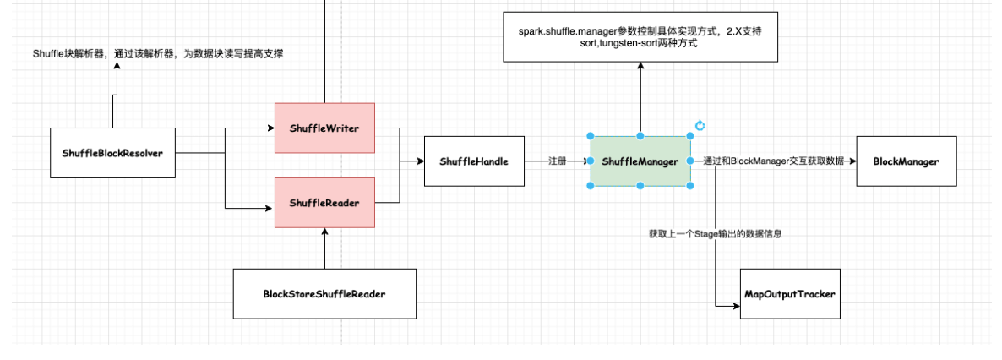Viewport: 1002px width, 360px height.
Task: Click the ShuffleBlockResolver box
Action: [112, 153]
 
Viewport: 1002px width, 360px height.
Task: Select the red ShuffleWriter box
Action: [324, 128]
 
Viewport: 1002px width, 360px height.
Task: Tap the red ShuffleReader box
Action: [324, 203]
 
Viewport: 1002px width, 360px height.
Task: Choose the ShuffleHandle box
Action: [474, 161]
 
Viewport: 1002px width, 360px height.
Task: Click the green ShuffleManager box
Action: [640, 161]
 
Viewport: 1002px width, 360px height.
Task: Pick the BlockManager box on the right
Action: [907, 161]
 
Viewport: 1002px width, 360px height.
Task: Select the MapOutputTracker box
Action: [790, 293]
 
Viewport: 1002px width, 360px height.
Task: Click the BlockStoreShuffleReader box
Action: [324, 293]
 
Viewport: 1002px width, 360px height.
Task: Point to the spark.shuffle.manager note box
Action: [640, 36]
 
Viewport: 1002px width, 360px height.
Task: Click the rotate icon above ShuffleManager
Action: [700, 125]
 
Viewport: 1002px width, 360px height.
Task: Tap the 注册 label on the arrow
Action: [558, 161]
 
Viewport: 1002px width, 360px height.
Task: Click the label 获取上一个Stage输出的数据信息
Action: [715, 234]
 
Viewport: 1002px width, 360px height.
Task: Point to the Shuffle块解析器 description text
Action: [158, 54]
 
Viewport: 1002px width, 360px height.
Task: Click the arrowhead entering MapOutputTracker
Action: [736, 306]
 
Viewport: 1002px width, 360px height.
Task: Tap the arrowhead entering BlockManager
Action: [852, 161]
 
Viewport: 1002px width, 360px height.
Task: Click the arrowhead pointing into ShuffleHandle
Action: [421, 161]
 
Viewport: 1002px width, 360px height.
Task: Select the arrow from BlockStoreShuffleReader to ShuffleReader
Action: [324, 248]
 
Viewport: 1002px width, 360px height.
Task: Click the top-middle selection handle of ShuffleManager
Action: [640, 136]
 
